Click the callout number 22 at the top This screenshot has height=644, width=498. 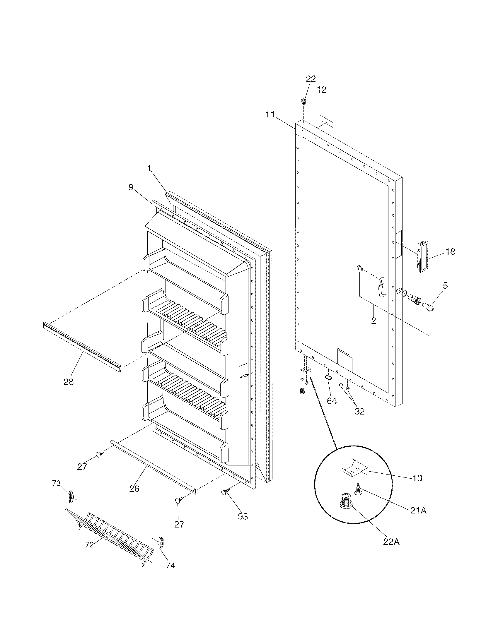[310, 79]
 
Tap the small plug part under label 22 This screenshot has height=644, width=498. [303, 101]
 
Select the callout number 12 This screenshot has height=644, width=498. [322, 90]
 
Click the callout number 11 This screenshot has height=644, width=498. [270, 114]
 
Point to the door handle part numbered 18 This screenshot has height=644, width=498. [422, 255]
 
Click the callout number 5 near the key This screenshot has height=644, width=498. [445, 285]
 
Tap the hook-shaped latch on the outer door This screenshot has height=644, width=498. [382, 287]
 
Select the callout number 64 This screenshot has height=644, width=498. [332, 401]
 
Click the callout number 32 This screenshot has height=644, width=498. [360, 411]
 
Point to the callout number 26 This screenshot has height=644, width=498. [134, 489]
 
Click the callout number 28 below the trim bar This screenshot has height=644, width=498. [69, 382]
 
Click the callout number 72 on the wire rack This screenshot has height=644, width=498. [89, 545]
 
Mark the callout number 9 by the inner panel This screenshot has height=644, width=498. [131, 187]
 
